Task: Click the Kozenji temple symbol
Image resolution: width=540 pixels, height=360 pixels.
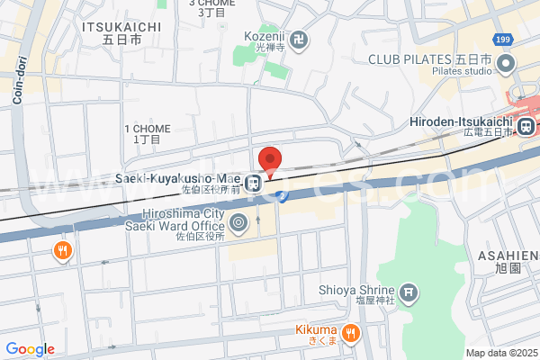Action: pyautogui.click(x=300, y=40)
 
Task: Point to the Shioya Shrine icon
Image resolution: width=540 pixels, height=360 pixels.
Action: pyautogui.click(x=409, y=291)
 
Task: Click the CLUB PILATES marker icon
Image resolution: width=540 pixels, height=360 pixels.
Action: pyautogui.click(x=506, y=64)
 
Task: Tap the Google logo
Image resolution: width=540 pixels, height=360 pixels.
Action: pyautogui.click(x=30, y=349)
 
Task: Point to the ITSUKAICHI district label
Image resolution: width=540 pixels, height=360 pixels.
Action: pyautogui.click(x=121, y=27)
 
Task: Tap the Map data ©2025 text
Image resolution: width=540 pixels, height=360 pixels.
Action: pyautogui.click(x=500, y=353)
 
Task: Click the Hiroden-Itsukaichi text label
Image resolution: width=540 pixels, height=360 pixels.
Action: pyautogui.click(x=460, y=121)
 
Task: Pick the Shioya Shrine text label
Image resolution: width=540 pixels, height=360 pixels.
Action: pyautogui.click(x=356, y=290)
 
